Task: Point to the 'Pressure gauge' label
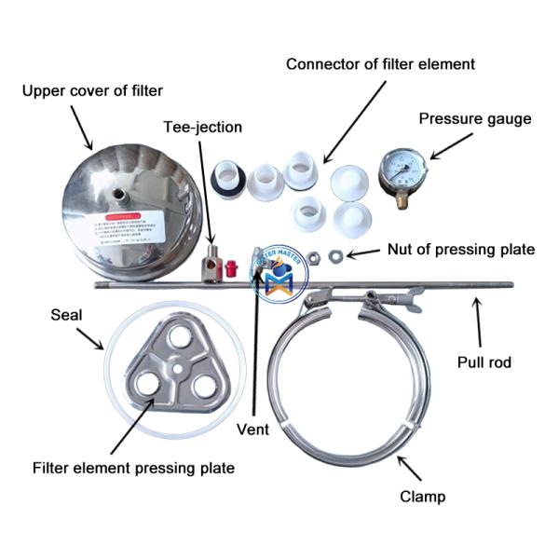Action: (474, 118)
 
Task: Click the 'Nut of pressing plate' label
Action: (460, 250)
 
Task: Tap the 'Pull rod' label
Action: (484, 362)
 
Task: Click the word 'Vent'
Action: (252, 429)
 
